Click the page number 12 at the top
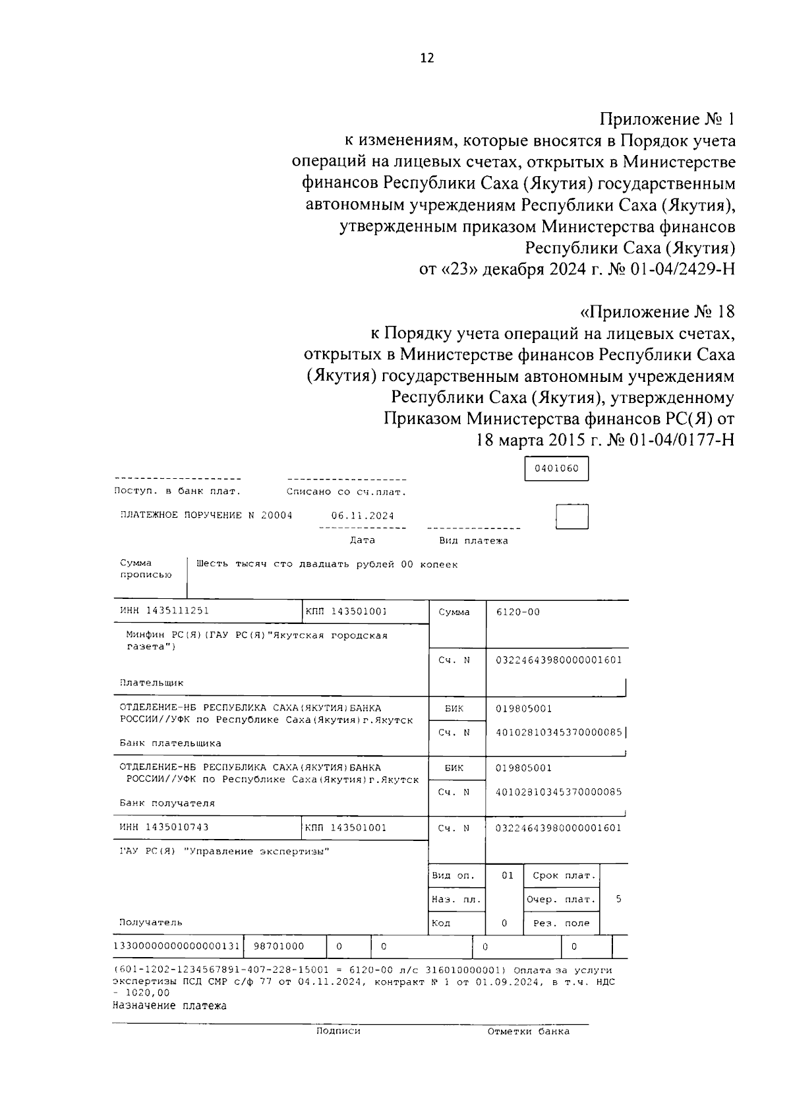(x=426, y=58)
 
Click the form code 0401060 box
(x=556, y=469)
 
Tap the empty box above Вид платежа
(x=571, y=516)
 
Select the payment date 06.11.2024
(x=363, y=516)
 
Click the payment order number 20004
(x=277, y=515)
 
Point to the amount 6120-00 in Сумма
(x=518, y=612)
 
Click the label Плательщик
(x=152, y=683)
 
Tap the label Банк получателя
(x=167, y=803)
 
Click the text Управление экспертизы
(x=258, y=852)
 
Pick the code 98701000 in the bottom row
(x=279, y=947)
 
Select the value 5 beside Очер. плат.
(x=618, y=899)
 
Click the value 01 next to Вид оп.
(x=507, y=875)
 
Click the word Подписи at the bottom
(x=338, y=1031)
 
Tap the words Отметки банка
(x=529, y=1032)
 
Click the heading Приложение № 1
(x=666, y=119)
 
